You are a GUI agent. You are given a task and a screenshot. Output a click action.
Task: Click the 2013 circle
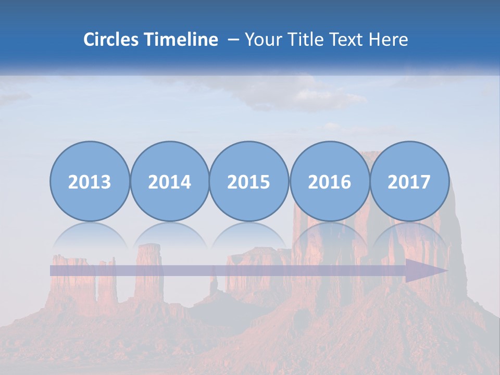tap(90, 181)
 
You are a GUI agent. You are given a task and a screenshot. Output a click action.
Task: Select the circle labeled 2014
tap(170, 181)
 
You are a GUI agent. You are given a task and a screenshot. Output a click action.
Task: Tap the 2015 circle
tap(249, 181)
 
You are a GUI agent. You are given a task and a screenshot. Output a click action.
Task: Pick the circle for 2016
tap(329, 181)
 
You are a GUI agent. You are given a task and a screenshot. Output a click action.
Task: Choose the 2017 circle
tap(409, 181)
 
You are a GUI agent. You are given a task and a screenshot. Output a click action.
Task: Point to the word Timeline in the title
tap(182, 40)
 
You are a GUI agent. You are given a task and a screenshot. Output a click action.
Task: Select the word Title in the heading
tap(304, 40)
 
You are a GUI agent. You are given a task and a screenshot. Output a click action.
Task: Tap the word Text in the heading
tap(348, 40)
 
